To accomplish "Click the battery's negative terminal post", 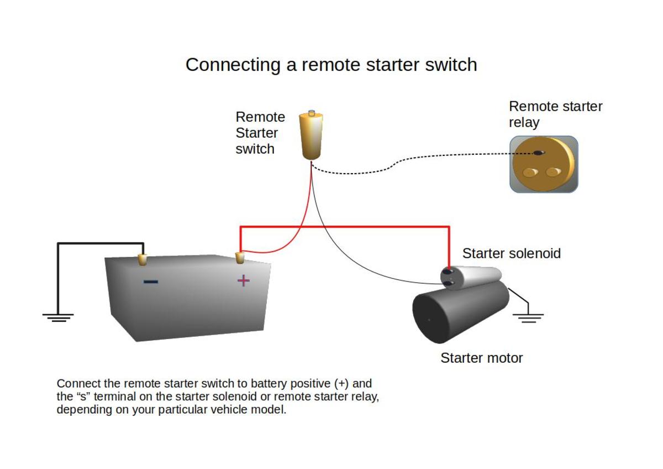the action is point(143,259).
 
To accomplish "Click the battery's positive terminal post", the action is point(239,258).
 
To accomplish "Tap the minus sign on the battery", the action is point(151,282).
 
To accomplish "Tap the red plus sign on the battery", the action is point(243,280).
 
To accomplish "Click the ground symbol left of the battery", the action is point(58,317).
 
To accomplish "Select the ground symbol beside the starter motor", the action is point(528,318).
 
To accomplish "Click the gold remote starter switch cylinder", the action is point(311,136).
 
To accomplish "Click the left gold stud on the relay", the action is point(530,173).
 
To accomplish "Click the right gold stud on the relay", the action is point(554,171).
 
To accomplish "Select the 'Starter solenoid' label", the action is point(512,253).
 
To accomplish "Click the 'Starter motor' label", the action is point(482,358).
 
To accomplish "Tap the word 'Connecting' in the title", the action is point(233,65).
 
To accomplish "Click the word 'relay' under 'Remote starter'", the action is point(524,122).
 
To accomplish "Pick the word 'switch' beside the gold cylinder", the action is point(255,149).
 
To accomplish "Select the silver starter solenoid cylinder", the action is point(471,277).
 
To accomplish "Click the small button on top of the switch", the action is point(312,113).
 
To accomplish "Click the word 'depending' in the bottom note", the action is point(85,410).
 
